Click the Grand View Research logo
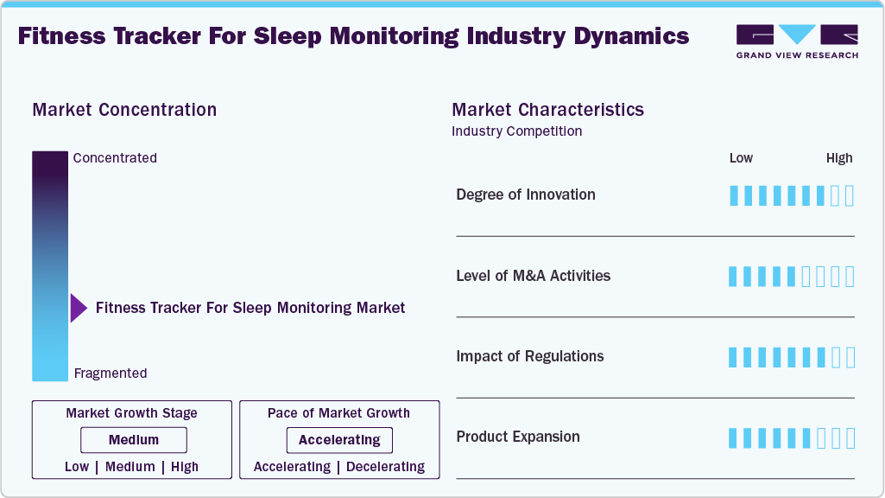797,41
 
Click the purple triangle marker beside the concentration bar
79,308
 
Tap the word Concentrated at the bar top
115,157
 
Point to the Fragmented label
111,373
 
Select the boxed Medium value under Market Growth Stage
134,440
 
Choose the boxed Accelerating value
339,440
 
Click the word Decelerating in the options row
385,467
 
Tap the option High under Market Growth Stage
185,467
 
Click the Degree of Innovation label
526,195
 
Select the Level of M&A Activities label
534,276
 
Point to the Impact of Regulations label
530,356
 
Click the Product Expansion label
518,437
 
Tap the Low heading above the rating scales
741,158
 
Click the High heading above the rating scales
839,158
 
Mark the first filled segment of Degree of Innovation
734,195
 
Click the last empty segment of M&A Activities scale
850,277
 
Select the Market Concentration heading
124,110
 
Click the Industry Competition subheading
517,131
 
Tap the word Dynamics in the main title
631,36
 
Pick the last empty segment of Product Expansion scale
850,438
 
